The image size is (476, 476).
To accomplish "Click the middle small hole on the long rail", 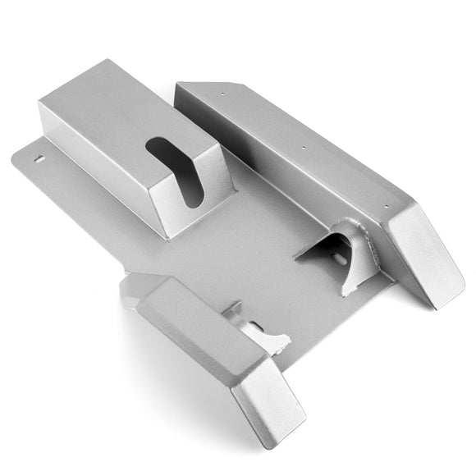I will tap(304, 149).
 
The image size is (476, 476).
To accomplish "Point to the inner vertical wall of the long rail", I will tap(271, 168).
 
